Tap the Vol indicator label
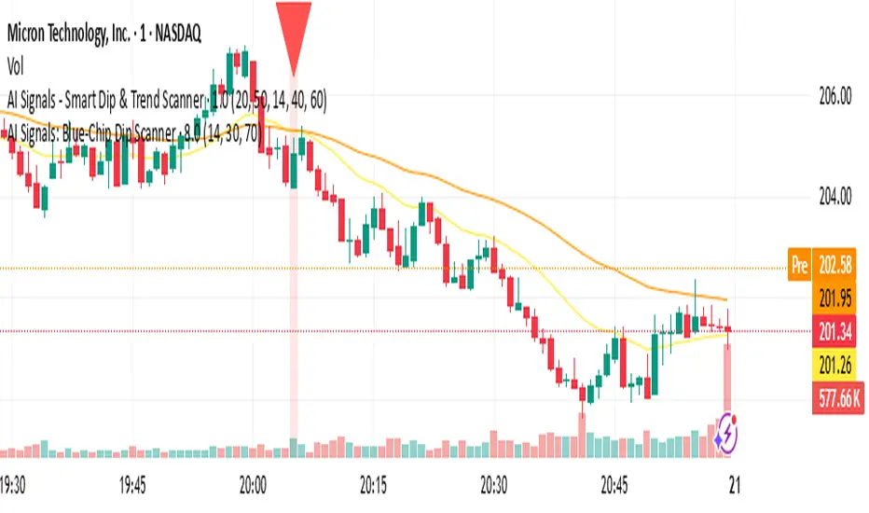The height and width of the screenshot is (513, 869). pos(16,66)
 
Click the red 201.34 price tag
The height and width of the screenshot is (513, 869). pos(835,330)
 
